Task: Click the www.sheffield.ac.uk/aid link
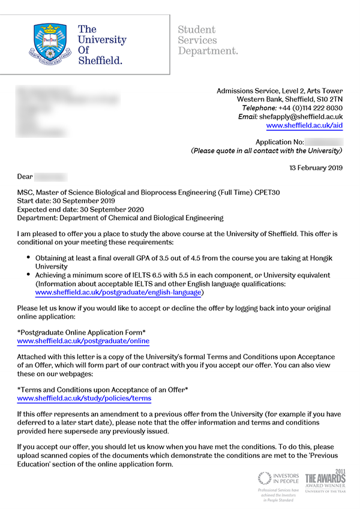tap(304, 125)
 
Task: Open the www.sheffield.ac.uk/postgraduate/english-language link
tap(119, 292)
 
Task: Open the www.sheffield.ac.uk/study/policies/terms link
tap(84, 397)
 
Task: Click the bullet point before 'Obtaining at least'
tap(29, 257)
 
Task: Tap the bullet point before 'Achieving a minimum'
tap(29, 274)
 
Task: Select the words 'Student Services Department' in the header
tap(208, 40)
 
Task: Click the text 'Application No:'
tap(280, 142)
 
